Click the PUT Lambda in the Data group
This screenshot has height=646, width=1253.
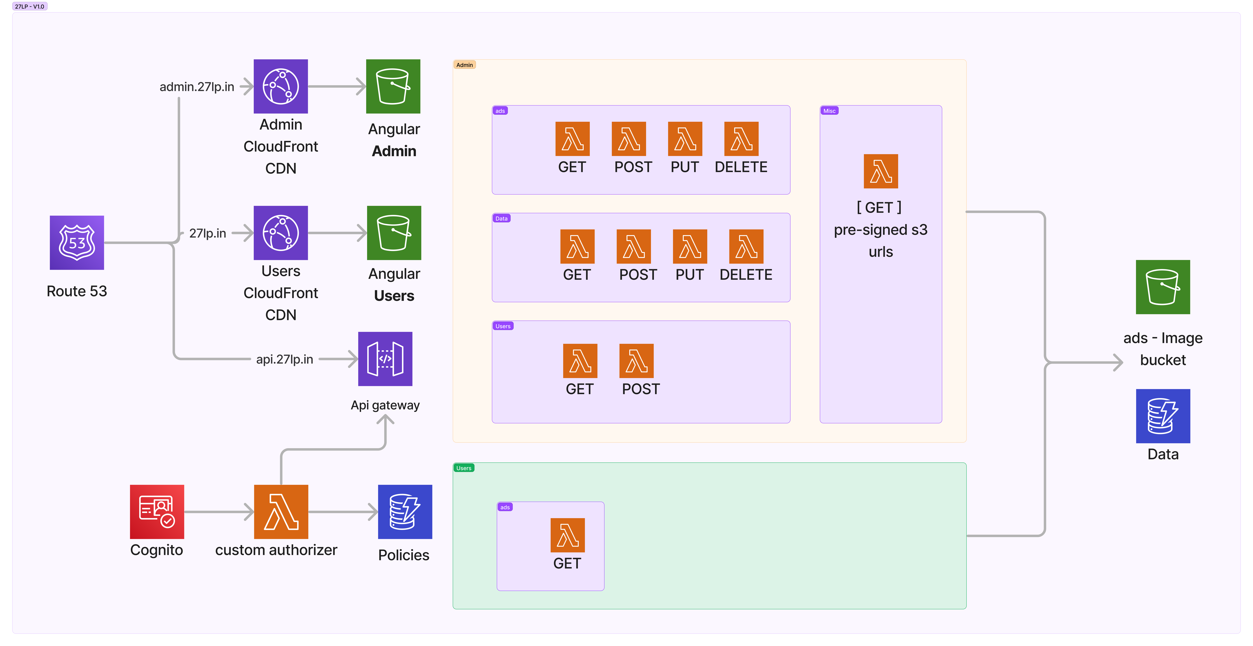690,246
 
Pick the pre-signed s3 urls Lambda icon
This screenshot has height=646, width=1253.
880,171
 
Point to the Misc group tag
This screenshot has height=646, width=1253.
829,111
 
